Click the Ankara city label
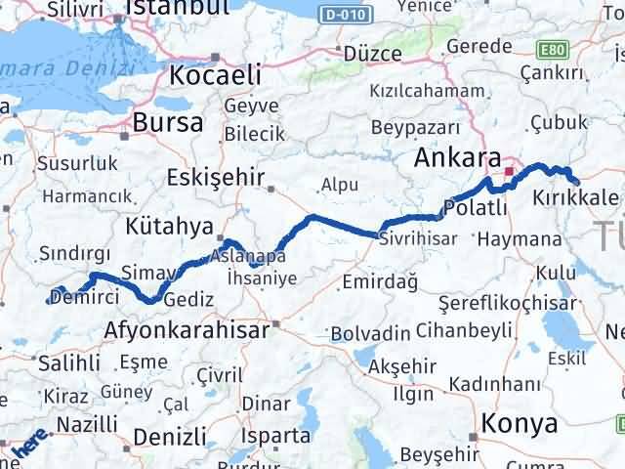(457, 158)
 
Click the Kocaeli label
(214, 75)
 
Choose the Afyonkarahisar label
(186, 330)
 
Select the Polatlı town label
(475, 207)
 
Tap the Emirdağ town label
(380, 282)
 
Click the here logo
(26, 448)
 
